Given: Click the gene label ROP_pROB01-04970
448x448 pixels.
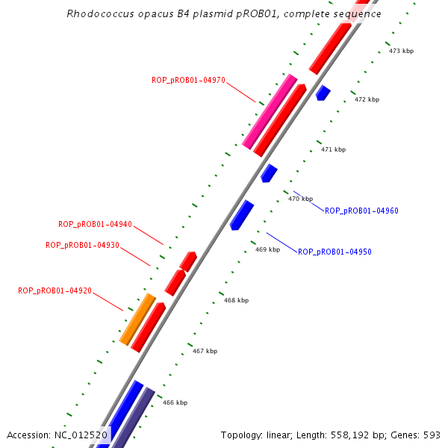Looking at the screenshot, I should click(x=188, y=81).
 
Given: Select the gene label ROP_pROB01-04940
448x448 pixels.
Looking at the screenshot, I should click(x=95, y=224).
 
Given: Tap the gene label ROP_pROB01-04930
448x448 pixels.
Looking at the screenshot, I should click(x=82, y=245).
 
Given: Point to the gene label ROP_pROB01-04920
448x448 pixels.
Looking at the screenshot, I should click(x=55, y=290).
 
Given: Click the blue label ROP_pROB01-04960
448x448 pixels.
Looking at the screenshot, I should click(x=361, y=211).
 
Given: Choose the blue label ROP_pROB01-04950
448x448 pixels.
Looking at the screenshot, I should click(x=335, y=252).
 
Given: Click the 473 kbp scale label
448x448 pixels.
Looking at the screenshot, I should click(x=401, y=51).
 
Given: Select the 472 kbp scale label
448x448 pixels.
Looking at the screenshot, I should click(x=367, y=99).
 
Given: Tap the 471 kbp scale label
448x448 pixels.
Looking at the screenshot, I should click(x=333, y=149).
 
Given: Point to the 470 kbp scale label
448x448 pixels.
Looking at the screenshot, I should click(x=300, y=199).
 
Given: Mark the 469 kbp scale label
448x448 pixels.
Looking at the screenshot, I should click(x=267, y=249).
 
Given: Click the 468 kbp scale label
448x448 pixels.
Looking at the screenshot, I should click(x=236, y=300).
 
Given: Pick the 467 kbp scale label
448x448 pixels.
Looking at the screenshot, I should click(x=205, y=351).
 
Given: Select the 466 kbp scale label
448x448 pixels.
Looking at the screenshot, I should click(x=175, y=402).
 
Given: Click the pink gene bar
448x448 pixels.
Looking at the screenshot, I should click(x=270, y=111).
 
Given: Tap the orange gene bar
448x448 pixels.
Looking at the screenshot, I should click(x=137, y=319).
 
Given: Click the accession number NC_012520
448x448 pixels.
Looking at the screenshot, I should click(x=81, y=435).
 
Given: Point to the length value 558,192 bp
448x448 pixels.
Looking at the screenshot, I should click(x=352, y=435).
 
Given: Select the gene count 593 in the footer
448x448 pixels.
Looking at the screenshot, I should click(x=433, y=435).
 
